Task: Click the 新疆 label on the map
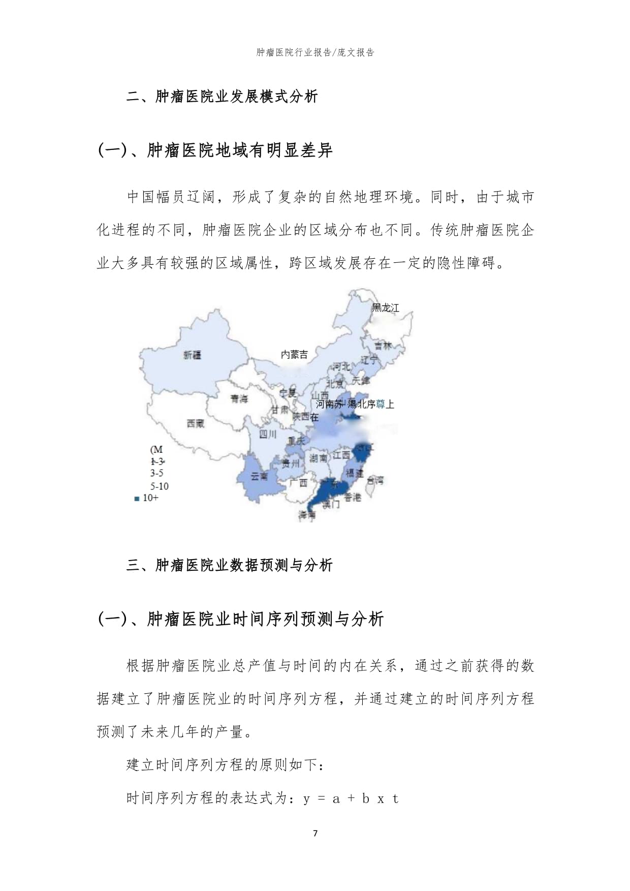click(x=192, y=355)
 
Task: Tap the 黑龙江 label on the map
click(x=386, y=308)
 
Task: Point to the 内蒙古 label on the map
click(x=294, y=355)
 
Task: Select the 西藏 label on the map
click(x=196, y=423)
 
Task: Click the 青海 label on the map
click(x=239, y=398)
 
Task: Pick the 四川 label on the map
click(x=268, y=434)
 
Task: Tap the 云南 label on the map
click(x=260, y=476)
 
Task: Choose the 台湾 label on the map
click(x=375, y=480)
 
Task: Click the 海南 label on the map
click(x=307, y=514)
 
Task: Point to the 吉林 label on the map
click(x=383, y=346)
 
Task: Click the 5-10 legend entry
click(x=159, y=486)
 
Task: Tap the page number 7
click(x=315, y=833)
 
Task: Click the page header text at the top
click(x=315, y=52)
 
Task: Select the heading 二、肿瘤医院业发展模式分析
click(x=222, y=97)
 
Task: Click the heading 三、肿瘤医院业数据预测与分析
click(x=229, y=565)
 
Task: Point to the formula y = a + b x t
click(x=351, y=798)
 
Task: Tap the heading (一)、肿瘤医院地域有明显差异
click(x=215, y=150)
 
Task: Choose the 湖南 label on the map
click(x=318, y=458)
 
